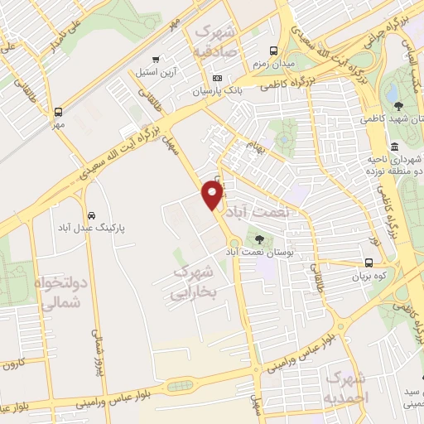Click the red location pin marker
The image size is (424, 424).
(x=213, y=195)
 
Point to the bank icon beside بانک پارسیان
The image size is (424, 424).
(x=218, y=78)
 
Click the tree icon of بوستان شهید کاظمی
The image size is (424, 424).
(x=398, y=105)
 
